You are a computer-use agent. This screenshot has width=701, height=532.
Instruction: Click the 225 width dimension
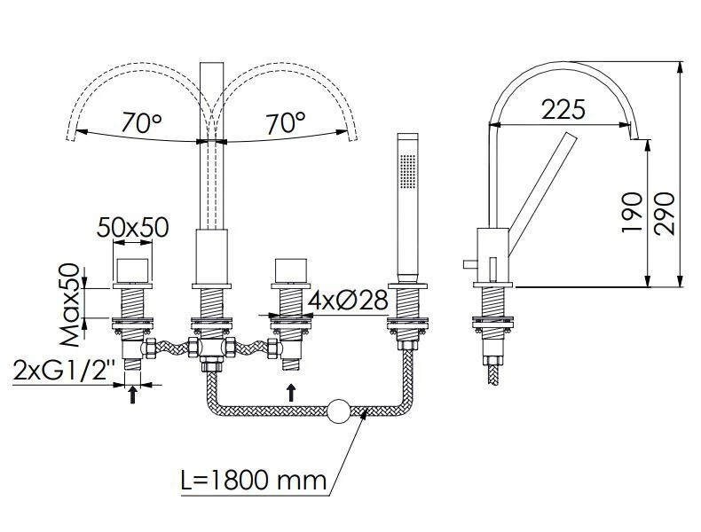tap(563, 110)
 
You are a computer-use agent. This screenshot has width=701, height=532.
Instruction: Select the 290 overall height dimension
tap(664, 213)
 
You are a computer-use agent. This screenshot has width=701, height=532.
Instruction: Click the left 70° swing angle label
tap(142, 122)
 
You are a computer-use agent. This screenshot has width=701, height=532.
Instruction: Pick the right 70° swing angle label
tap(286, 122)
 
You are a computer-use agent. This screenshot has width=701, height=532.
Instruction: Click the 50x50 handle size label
tap(133, 227)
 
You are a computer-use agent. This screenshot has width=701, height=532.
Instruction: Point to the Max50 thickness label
tap(69, 306)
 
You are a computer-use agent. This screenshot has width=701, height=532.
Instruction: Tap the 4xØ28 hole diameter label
tap(348, 301)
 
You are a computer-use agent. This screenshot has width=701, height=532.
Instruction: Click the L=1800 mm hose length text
tap(254, 480)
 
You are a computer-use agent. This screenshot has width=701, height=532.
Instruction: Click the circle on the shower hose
tap(339, 411)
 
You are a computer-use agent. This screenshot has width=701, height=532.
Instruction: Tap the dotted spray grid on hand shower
tap(407, 171)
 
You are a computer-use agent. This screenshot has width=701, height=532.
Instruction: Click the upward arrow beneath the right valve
tap(291, 392)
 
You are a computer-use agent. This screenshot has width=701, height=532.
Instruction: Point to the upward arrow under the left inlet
tap(132, 395)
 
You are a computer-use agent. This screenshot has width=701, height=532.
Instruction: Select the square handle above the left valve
tap(132, 270)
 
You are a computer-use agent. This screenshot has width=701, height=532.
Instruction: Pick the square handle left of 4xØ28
tap(291, 270)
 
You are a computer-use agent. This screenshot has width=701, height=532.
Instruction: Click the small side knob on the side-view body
tap(470, 264)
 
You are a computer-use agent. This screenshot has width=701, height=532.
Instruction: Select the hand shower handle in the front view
tap(407, 207)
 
